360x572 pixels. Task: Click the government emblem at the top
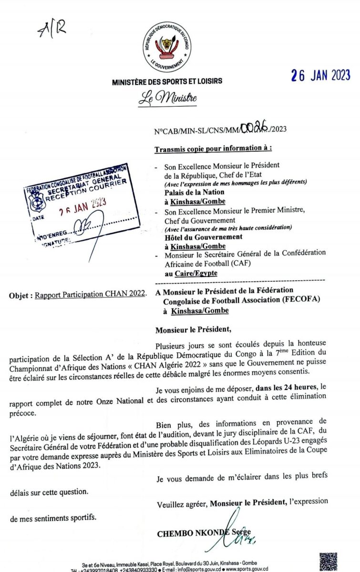167,47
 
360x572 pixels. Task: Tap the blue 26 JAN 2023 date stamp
321,75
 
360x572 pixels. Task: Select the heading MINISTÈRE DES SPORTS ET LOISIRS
167,82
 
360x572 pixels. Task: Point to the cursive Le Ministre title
167,99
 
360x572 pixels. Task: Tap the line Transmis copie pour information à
213,149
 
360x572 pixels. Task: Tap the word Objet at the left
21,295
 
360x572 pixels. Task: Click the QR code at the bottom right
328,562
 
